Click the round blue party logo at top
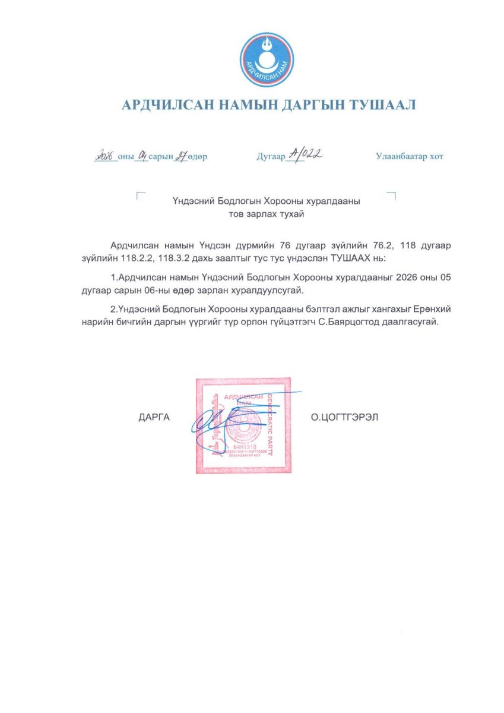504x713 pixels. [267, 59]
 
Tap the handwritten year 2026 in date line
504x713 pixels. [106, 156]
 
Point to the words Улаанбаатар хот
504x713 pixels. [409, 157]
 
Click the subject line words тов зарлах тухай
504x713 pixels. [267, 214]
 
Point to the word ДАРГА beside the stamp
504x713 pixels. [154, 418]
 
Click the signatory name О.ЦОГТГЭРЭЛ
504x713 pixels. [344, 418]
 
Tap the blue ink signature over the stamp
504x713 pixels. [217, 419]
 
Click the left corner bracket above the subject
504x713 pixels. [139, 195]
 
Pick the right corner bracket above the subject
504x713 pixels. [393, 195]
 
